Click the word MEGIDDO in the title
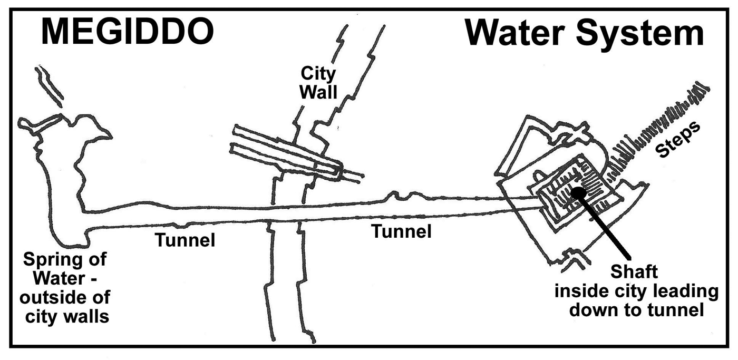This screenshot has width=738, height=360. [x=128, y=32]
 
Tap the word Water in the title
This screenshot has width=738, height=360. [x=515, y=33]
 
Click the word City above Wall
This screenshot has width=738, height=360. [x=318, y=74]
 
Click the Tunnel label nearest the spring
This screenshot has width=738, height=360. [x=185, y=240]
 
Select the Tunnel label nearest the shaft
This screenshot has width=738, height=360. [x=401, y=231]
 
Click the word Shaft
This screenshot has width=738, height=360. [x=634, y=272]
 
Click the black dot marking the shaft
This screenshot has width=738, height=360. [x=579, y=193]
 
